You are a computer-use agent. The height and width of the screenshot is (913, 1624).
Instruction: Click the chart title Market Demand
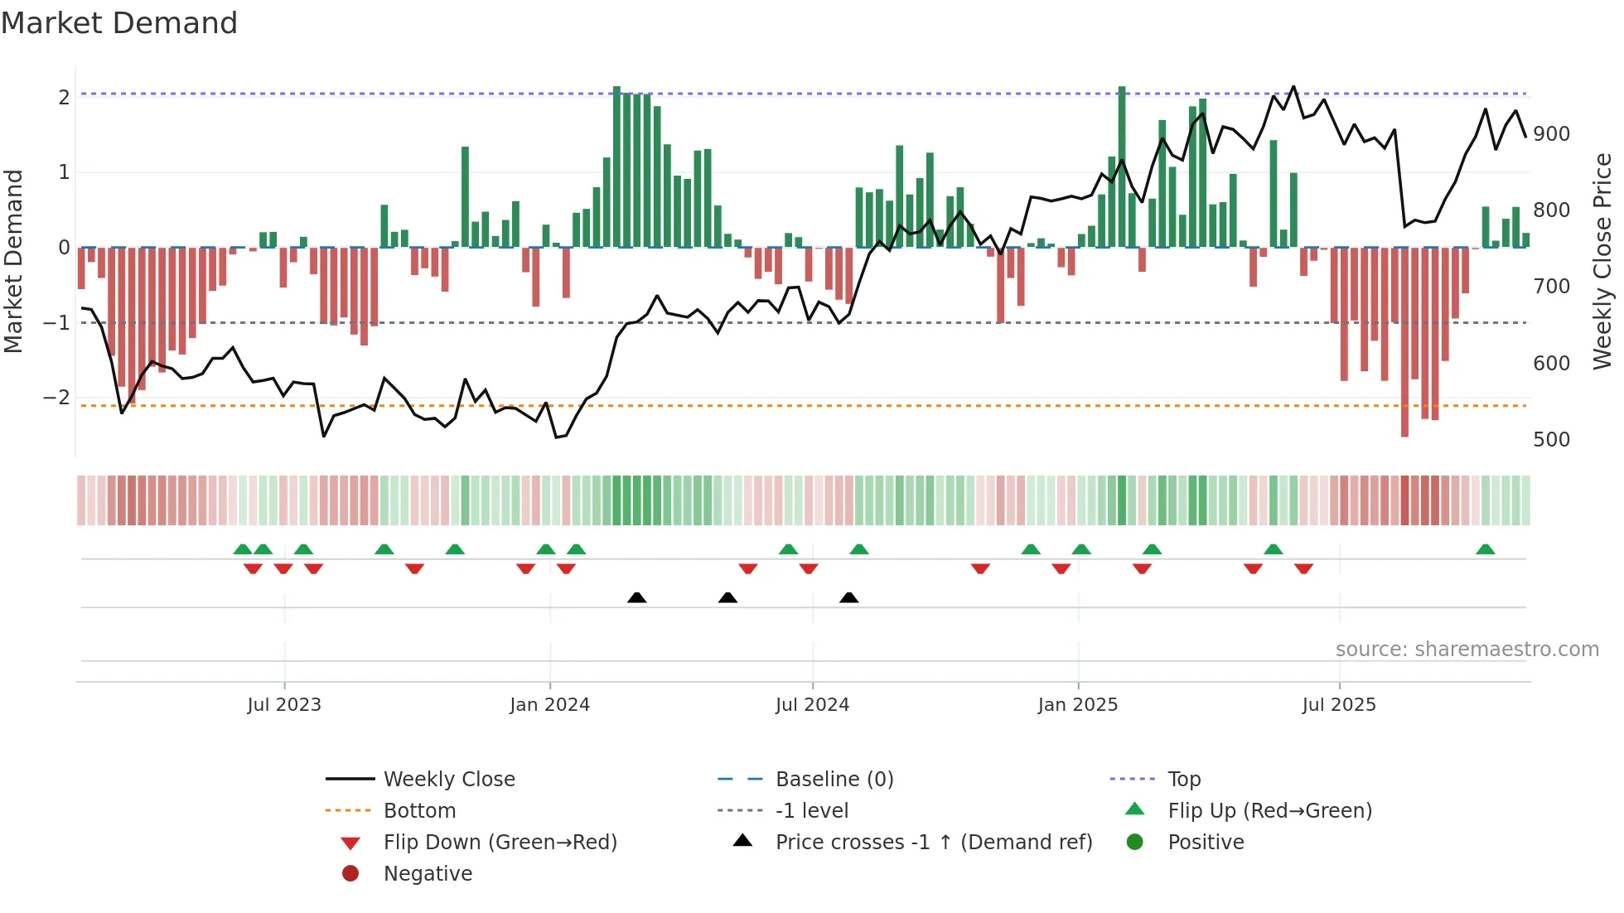[x=119, y=23]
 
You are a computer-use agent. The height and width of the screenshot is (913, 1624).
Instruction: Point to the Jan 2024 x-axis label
[x=549, y=705]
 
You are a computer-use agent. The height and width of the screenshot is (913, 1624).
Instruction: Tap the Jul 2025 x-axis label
[x=1338, y=705]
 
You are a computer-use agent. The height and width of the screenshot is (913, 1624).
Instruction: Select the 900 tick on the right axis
[x=1551, y=134]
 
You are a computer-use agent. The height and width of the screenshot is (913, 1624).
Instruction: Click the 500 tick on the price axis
[x=1551, y=440]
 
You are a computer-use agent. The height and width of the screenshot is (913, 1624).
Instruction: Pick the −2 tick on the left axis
[x=56, y=398]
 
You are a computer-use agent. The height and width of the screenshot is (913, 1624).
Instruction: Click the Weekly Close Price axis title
[x=1602, y=261]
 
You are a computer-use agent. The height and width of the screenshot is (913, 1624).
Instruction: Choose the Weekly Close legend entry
[x=448, y=780]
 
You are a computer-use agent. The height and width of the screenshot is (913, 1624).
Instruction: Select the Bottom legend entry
[x=419, y=811]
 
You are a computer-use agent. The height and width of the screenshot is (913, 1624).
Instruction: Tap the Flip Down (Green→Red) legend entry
[x=500, y=843]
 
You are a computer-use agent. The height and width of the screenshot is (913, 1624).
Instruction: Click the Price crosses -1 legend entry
[x=933, y=843]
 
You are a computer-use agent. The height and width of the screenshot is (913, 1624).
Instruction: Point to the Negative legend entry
[x=428, y=874]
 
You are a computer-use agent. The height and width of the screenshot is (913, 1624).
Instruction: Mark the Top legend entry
[x=1183, y=780]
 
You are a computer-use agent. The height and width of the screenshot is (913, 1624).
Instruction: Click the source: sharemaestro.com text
[x=1467, y=650]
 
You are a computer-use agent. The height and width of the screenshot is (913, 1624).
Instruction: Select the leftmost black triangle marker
[x=636, y=598]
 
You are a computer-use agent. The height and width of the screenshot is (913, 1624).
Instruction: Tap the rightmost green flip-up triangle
[x=1486, y=549]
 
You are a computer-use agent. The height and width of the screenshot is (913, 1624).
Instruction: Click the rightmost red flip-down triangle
[x=1303, y=568]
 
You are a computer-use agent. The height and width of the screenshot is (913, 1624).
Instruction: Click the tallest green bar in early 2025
[x=1122, y=166]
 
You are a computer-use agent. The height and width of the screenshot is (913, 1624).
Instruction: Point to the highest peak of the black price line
[x=1293, y=87]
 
